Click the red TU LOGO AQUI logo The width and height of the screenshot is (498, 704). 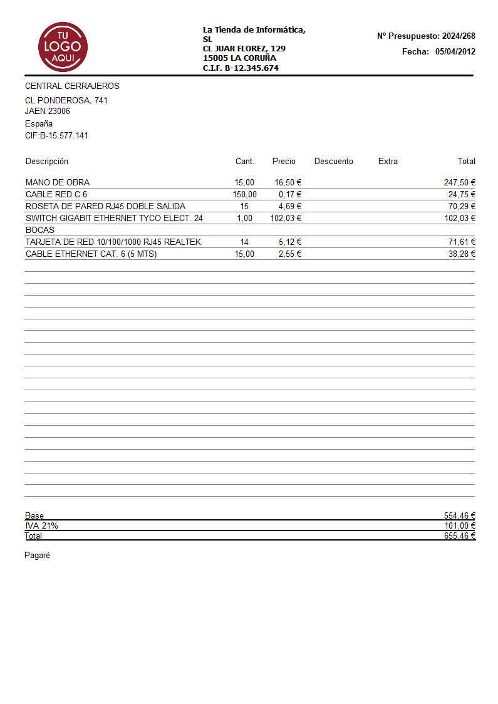click(63, 47)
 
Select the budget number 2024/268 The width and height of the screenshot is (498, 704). click(459, 36)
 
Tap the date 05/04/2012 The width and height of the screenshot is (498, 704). click(455, 52)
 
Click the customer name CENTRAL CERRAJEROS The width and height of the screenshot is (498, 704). click(72, 86)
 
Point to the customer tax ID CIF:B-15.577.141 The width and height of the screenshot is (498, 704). click(56, 135)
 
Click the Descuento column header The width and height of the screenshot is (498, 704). click(333, 162)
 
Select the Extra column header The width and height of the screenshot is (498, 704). click(388, 162)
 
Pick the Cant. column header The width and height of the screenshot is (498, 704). click(245, 162)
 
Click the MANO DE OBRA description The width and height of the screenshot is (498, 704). click(58, 182)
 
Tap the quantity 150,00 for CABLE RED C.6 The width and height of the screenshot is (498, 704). click(244, 194)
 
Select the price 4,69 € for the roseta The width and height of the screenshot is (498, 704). click(290, 206)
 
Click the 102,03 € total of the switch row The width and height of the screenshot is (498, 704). click(460, 218)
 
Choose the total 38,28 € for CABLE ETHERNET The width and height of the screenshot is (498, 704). click(462, 254)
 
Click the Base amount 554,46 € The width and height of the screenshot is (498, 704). click(460, 515)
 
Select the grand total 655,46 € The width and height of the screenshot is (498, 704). click(460, 536)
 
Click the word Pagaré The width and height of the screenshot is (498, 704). click(37, 556)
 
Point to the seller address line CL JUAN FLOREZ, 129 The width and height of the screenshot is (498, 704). click(244, 48)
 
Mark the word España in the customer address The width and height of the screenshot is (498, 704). click(39, 123)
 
